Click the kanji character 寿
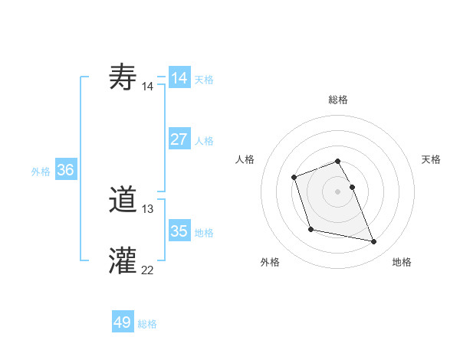(123, 78)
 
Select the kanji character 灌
(123, 260)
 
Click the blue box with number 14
(179, 78)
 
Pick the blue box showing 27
(179, 139)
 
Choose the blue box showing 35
(179, 231)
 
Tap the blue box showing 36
(65, 170)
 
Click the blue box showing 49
(123, 322)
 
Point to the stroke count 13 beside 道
(148, 209)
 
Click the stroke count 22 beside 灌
(148, 270)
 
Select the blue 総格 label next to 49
(147, 324)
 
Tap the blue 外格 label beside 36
(41, 172)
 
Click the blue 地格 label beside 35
(204, 233)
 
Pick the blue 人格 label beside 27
(204, 141)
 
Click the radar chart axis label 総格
(337, 100)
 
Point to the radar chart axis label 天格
(431, 159)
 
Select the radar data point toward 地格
(374, 242)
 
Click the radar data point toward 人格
(294, 178)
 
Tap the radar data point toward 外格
(310, 229)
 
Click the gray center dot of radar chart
(337, 191)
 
